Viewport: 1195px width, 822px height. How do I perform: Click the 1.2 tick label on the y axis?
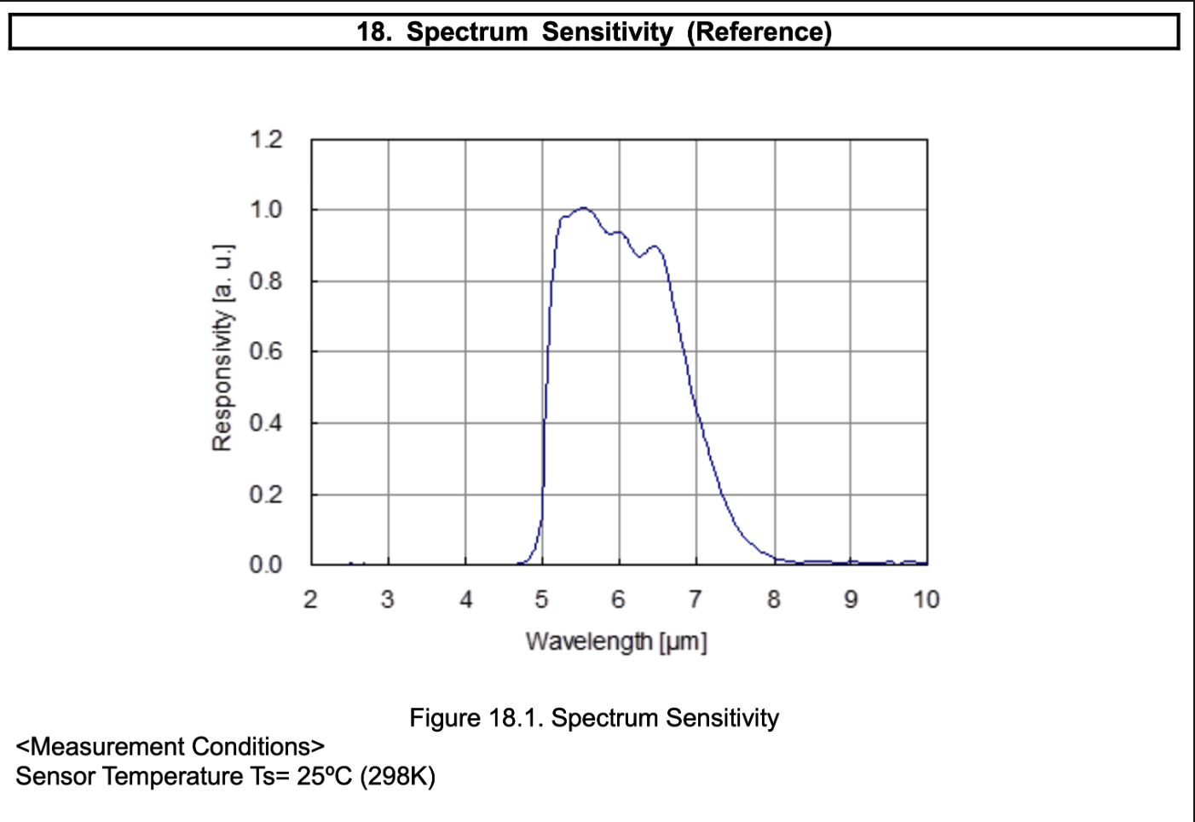tap(265, 139)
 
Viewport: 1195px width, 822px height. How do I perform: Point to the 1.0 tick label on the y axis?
tap(265, 210)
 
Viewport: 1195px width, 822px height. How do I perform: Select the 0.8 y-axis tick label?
tap(265, 281)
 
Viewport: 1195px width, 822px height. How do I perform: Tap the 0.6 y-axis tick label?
tap(265, 351)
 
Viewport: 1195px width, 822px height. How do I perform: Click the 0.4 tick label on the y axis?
tap(265, 423)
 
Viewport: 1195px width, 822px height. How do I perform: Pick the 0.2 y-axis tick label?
tap(265, 495)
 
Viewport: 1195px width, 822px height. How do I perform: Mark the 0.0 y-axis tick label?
tap(265, 564)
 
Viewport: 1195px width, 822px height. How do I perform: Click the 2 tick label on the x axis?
tap(310, 599)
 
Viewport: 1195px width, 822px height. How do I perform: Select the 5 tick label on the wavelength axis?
tap(541, 599)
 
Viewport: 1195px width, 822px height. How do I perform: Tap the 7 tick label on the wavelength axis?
tap(696, 599)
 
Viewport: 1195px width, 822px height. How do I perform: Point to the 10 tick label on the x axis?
tap(926, 599)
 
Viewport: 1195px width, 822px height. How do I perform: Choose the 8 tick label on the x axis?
tap(773, 599)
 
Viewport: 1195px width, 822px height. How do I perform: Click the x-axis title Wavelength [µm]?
tap(616, 641)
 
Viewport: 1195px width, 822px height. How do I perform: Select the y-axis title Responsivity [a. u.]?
tap(222, 348)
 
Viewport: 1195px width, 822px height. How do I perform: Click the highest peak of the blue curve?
tap(584, 207)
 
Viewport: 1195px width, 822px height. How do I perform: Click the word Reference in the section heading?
tap(759, 32)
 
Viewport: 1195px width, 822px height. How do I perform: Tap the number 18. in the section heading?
tap(373, 32)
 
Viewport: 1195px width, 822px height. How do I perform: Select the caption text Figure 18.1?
tap(476, 718)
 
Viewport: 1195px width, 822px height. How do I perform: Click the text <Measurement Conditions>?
tap(170, 747)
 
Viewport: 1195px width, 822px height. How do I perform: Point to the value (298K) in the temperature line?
tap(397, 777)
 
